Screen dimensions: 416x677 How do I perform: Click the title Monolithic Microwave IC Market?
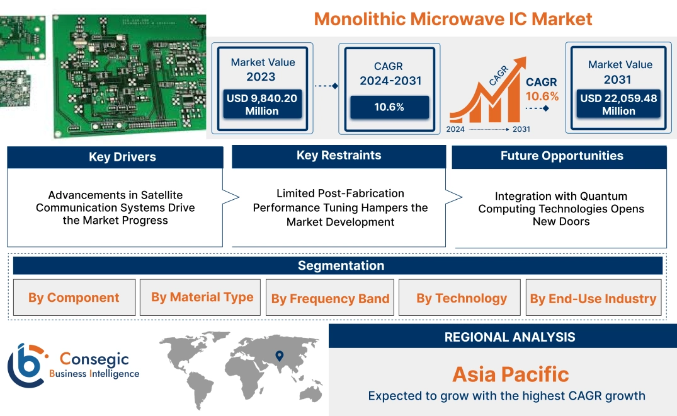point(453,18)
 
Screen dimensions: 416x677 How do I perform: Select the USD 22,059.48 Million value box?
point(618,104)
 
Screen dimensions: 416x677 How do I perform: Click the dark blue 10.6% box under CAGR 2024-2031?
point(389,107)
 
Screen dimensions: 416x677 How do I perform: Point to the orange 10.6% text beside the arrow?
point(542,96)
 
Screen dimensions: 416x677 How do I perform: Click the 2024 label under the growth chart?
point(456,129)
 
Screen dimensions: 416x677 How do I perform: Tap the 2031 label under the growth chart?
point(521,129)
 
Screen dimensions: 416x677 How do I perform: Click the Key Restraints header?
point(339,156)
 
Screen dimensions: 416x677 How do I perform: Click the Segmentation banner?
point(341,265)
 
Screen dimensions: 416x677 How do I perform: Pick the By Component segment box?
point(74,298)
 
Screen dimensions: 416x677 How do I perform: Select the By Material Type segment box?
point(202,297)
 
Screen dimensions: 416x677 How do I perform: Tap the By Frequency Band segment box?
point(330,299)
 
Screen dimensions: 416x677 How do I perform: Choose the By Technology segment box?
point(462,298)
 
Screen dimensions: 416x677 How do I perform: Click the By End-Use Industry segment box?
point(593,299)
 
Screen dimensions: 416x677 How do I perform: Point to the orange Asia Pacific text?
point(510,374)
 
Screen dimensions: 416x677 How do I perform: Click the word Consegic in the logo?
point(94,359)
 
